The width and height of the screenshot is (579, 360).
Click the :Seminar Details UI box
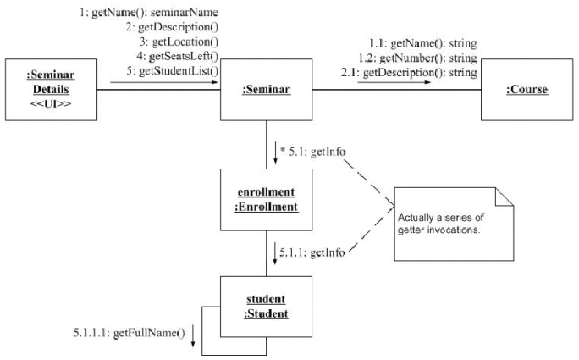[x=50, y=88]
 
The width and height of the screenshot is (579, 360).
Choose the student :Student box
[x=265, y=307]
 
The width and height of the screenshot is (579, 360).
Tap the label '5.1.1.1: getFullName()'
[x=130, y=331]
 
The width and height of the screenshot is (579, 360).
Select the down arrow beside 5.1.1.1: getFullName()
[x=194, y=334]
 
